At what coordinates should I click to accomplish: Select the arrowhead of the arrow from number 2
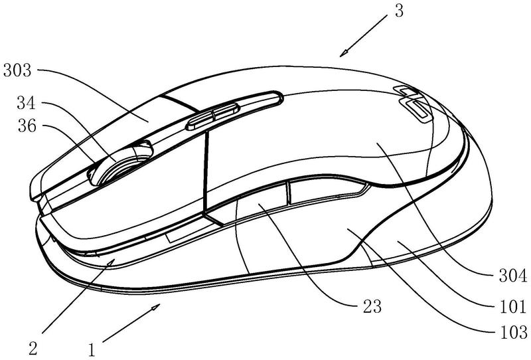[x=115, y=262]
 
